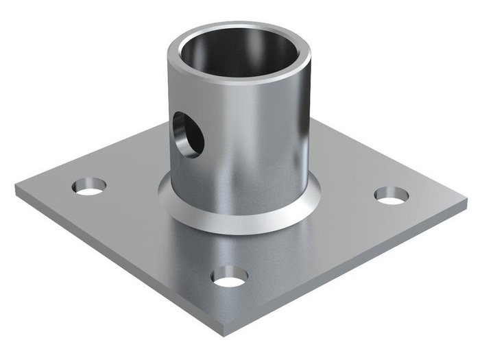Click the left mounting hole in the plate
point(91,186)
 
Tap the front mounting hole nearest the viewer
point(230,276)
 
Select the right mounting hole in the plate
point(392,195)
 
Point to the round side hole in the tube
point(187,134)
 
